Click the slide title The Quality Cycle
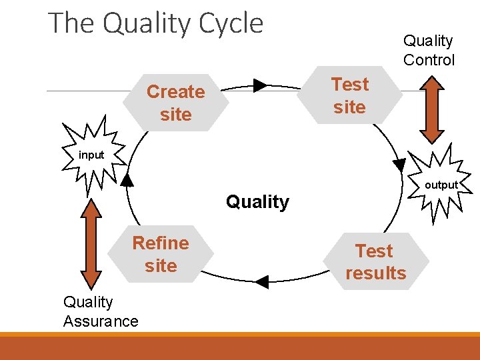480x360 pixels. (x=156, y=24)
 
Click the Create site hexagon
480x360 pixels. (x=176, y=103)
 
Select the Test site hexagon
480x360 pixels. (x=349, y=95)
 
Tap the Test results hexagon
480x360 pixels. (x=376, y=261)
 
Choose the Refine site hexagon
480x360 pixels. (x=161, y=254)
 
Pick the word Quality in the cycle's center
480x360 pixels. (x=257, y=202)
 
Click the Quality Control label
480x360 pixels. (x=429, y=51)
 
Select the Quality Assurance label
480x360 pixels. (x=101, y=311)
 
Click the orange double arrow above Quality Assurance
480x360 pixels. (x=91, y=244)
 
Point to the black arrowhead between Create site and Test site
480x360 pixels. (x=260, y=85)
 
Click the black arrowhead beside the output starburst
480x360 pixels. (x=400, y=164)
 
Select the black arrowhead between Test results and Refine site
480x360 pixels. (x=262, y=282)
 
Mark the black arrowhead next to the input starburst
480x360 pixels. (x=127, y=179)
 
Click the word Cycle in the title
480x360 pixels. (x=229, y=24)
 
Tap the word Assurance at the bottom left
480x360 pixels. (x=101, y=321)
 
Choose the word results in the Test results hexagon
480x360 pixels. (x=376, y=273)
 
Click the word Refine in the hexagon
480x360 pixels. (x=161, y=243)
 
